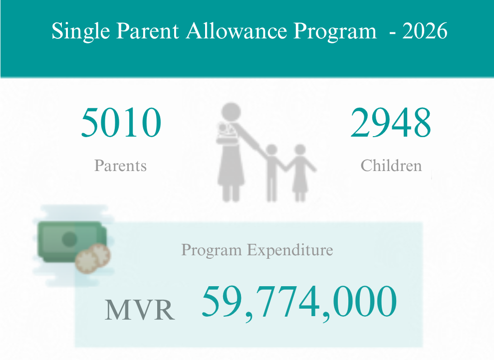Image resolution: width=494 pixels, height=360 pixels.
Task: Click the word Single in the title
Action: click(x=81, y=31)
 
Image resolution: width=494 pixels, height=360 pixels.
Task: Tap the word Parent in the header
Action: click(x=147, y=31)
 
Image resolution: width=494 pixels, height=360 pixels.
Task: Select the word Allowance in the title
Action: click(x=237, y=31)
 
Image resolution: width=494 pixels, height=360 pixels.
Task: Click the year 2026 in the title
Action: click(x=425, y=31)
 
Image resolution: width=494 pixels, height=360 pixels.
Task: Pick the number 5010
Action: click(x=121, y=123)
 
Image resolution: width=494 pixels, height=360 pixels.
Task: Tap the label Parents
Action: click(x=120, y=166)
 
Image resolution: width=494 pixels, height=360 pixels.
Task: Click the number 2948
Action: click(x=391, y=123)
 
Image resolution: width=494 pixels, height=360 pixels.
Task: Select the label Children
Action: click(x=391, y=165)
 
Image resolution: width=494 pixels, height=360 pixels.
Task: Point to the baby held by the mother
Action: click(x=225, y=132)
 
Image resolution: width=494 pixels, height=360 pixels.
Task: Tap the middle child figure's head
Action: click(x=271, y=150)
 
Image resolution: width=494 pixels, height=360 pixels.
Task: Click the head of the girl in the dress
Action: click(x=300, y=150)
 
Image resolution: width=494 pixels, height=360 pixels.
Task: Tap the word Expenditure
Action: click(x=290, y=250)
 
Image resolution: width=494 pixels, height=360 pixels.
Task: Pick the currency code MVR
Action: click(x=140, y=310)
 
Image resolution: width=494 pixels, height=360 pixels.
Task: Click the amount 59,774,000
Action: click(x=299, y=302)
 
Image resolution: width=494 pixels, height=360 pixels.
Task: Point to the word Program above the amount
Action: click(x=212, y=251)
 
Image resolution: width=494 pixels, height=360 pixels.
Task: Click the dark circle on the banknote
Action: click(x=69, y=239)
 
